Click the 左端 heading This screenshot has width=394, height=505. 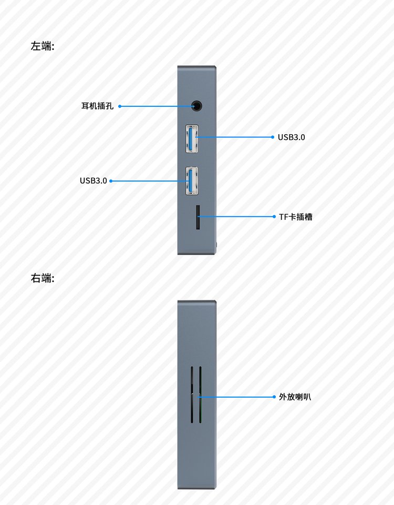click(x=43, y=46)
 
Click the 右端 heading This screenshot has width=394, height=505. click(x=43, y=278)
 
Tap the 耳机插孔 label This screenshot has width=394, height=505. click(x=97, y=106)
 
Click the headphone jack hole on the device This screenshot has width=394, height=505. click(x=196, y=106)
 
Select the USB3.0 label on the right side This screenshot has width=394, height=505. click(x=292, y=137)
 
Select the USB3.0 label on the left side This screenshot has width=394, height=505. click(x=94, y=180)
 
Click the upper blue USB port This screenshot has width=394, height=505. click(x=192, y=138)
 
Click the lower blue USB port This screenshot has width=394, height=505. click(x=192, y=180)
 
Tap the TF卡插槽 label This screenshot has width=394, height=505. click(x=296, y=217)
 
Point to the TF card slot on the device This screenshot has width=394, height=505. click(x=198, y=217)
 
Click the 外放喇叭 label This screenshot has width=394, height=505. click(x=295, y=397)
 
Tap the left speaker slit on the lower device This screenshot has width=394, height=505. click(x=192, y=395)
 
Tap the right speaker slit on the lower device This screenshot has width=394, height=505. click(x=200, y=395)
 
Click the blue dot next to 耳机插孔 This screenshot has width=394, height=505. click(x=120, y=106)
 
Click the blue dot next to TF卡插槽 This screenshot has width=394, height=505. click(x=274, y=217)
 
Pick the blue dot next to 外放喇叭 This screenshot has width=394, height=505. click(x=274, y=397)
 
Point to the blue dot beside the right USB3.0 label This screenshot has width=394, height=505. click(x=273, y=137)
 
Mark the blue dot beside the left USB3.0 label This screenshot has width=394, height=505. click(x=111, y=181)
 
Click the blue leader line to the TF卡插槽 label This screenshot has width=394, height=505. click(x=236, y=217)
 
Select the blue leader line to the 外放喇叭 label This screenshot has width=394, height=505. click(x=236, y=397)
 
